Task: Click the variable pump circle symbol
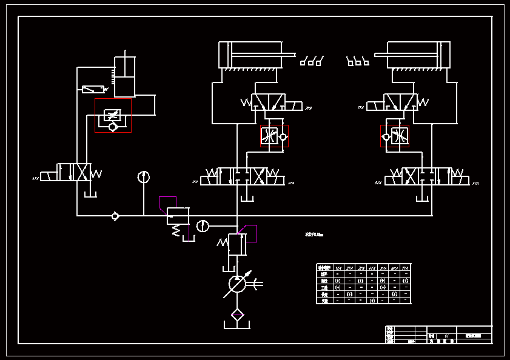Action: [237, 283]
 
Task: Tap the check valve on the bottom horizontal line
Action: [115, 215]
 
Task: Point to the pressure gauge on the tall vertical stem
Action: [143, 177]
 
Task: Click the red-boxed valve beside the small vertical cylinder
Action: [113, 115]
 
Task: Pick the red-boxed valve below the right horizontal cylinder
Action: [395, 136]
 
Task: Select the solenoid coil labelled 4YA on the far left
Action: [48, 176]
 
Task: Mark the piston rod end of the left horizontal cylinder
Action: [290, 56]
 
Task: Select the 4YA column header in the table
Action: [372, 267]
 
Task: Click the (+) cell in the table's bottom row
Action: [372, 300]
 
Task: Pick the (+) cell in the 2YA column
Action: [349, 293]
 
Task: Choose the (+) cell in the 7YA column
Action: [406, 281]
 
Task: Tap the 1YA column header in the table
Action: [337, 267]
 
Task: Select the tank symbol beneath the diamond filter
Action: [237, 326]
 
